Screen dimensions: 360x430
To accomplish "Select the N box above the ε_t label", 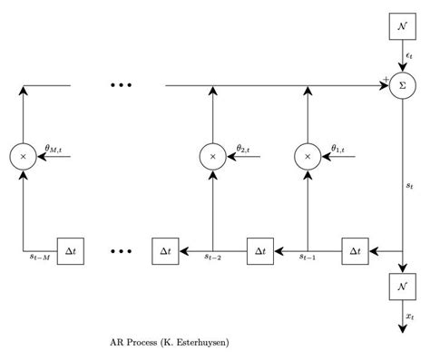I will coord(402,26).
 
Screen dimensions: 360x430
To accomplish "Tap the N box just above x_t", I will coord(402,286).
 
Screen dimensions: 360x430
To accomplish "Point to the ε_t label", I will coord(410,56).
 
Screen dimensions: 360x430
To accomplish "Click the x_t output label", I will coord(410,316).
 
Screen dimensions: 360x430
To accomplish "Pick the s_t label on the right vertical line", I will coord(410,186).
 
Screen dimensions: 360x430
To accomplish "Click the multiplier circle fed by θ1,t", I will coord(308,157).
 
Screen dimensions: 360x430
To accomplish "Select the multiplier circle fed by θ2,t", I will coord(212,157).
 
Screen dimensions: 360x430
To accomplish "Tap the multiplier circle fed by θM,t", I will coord(23,157).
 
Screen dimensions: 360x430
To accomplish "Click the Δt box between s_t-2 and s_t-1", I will coord(260,250).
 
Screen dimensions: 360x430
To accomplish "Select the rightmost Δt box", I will coord(356,250).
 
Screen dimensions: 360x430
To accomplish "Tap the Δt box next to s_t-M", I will coord(71,250).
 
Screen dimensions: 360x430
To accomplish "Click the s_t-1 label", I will coord(308,258).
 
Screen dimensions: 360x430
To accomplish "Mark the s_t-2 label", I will coord(213,258).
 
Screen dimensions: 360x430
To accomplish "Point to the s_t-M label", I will coord(40,258).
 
